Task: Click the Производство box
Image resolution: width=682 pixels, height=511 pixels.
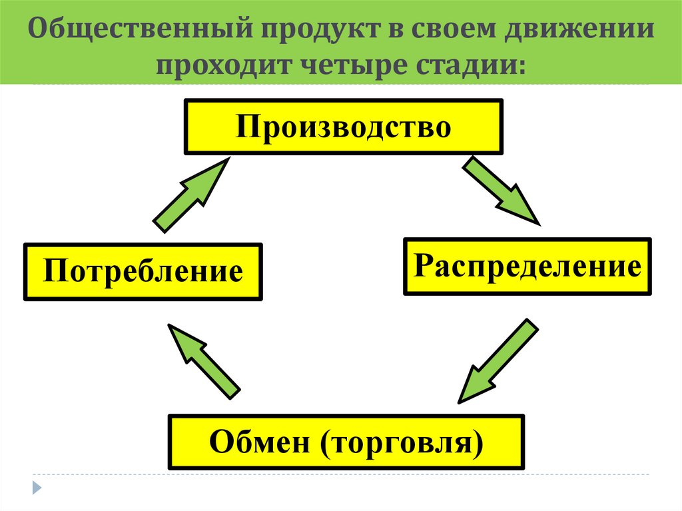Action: (x=343, y=127)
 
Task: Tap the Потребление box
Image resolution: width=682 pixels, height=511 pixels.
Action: (x=143, y=272)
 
